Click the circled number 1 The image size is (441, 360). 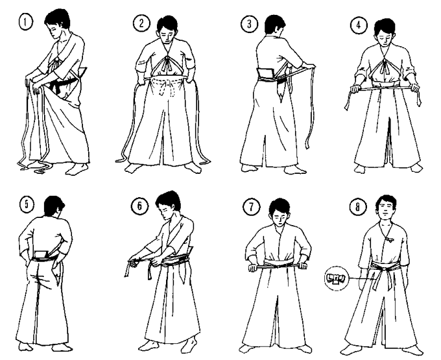pyautogui.click(x=26, y=22)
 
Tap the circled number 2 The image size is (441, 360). pyautogui.click(x=141, y=23)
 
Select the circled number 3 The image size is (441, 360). pyautogui.click(x=249, y=23)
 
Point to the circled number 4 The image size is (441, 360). pyautogui.click(x=359, y=25)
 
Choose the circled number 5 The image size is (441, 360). pyautogui.click(x=27, y=204)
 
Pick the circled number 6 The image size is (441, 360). pyautogui.click(x=139, y=206)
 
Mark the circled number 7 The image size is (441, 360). pyautogui.click(x=251, y=208)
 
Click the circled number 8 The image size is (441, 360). pyautogui.click(x=358, y=207)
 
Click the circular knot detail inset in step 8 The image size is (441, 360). pyautogui.click(x=337, y=278)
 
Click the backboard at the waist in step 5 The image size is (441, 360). pyautogui.click(x=42, y=254)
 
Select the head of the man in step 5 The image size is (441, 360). pyautogui.click(x=54, y=206)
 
